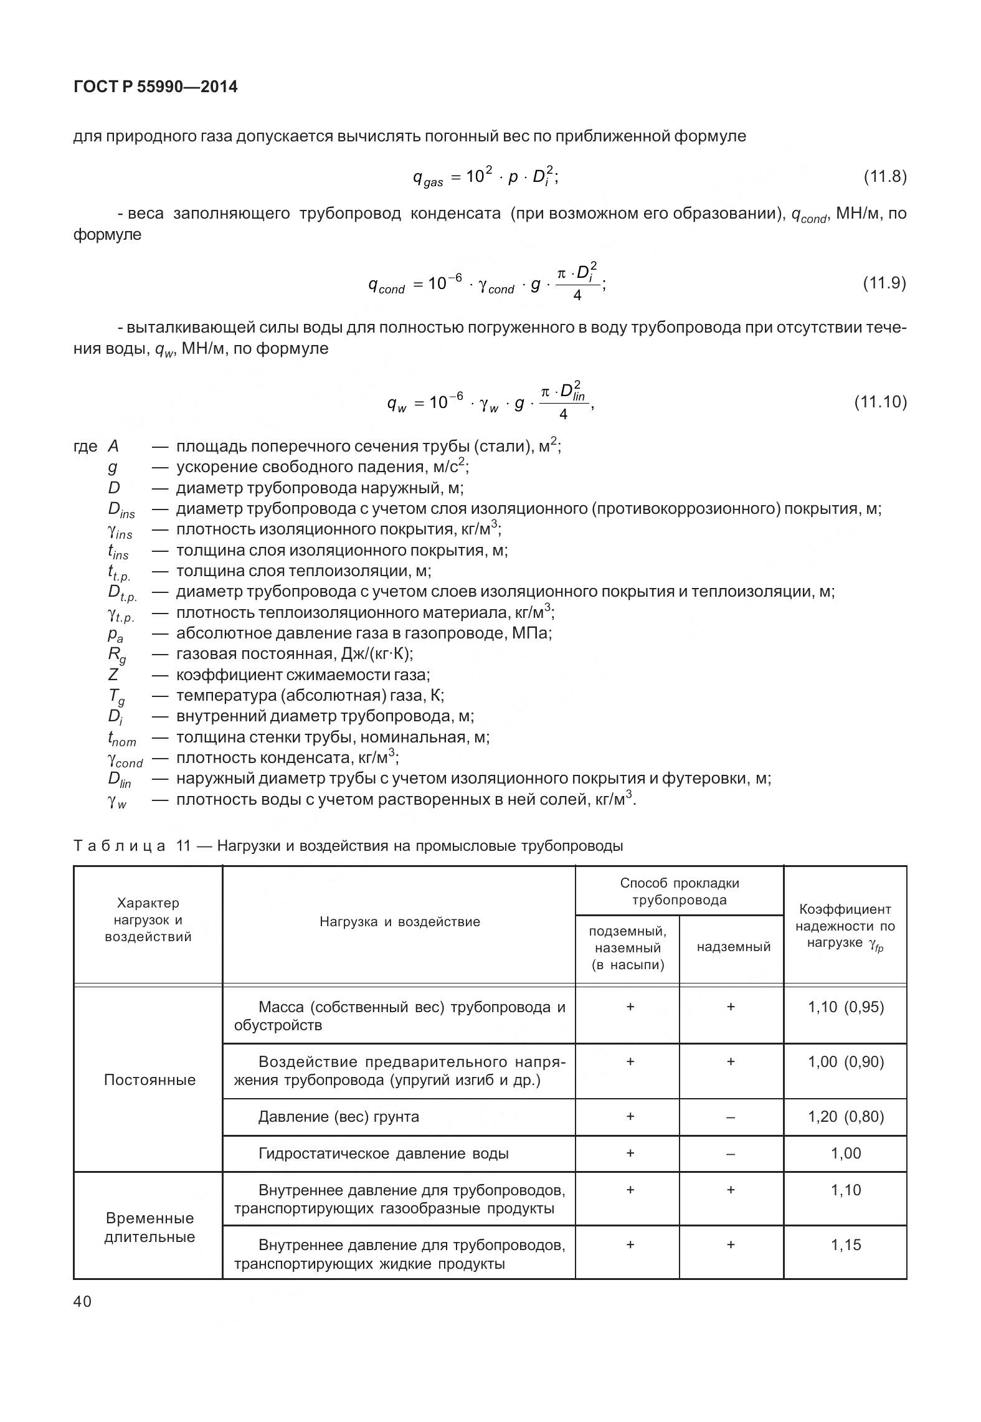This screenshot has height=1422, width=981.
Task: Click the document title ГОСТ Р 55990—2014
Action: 155,87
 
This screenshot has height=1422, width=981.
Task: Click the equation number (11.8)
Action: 884,177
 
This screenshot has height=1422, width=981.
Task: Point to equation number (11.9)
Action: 884,283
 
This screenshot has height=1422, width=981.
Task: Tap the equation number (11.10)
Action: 879,402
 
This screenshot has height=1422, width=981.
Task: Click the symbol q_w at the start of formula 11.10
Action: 396,404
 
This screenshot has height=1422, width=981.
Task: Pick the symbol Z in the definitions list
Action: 113,675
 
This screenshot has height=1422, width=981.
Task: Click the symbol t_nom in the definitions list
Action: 121,738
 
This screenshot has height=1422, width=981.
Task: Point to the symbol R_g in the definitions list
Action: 116,655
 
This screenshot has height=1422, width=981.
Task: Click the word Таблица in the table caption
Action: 119,846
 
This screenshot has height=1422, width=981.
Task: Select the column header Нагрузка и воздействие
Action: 400,922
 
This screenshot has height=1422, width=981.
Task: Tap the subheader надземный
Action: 733,947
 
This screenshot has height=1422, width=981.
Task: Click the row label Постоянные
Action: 149,1080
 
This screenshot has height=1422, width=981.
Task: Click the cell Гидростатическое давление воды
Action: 383,1154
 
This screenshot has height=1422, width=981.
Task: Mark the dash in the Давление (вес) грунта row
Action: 731,1117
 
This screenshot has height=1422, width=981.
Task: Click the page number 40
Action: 82,1302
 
